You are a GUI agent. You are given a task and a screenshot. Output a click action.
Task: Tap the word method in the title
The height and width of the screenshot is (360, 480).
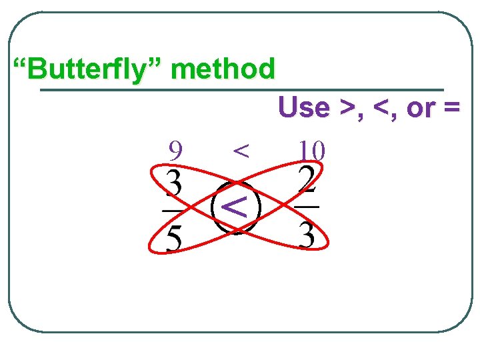click(x=223, y=68)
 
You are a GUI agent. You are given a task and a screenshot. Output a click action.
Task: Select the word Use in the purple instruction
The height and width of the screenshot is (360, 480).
click(x=304, y=107)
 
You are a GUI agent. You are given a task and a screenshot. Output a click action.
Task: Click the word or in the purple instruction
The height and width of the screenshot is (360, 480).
click(x=421, y=109)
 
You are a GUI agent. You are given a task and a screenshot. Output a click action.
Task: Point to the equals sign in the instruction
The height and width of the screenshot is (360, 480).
click(x=452, y=107)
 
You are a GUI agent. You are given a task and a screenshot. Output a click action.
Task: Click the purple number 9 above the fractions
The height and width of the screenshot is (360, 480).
click(x=175, y=150)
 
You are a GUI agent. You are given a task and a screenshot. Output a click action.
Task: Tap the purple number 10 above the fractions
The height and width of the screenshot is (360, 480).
click(x=311, y=150)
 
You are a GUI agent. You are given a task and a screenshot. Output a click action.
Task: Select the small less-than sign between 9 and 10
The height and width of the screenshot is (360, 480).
click(x=241, y=151)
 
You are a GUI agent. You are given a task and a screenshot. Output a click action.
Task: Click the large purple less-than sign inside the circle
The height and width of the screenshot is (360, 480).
click(x=235, y=207)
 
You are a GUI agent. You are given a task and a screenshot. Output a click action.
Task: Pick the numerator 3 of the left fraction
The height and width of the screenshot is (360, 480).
click(x=173, y=183)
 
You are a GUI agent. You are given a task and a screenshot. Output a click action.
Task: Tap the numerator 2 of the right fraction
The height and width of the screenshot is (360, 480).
click(x=307, y=179)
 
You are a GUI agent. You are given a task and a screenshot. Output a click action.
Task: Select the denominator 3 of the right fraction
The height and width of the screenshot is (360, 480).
click(x=307, y=235)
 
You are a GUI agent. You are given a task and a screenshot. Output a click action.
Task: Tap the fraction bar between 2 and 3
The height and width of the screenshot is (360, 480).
click(x=307, y=207)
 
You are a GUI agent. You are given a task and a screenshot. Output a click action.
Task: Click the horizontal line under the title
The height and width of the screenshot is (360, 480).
click(x=242, y=90)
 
